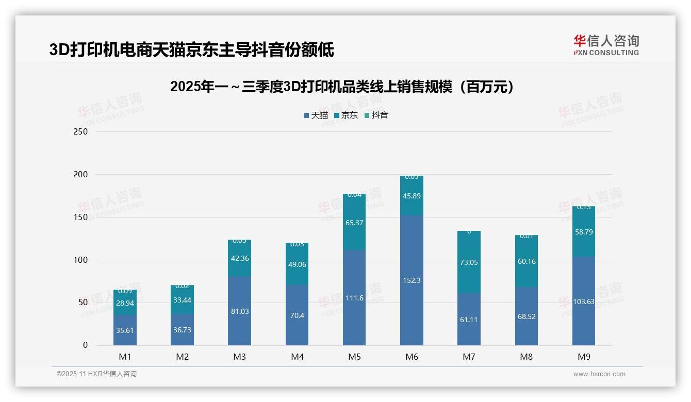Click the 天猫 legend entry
(316, 115)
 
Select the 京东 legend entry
(346, 115)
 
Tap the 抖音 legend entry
(376, 115)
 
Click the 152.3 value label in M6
(412, 280)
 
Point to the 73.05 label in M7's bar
(469, 262)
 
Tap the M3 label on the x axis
(239, 357)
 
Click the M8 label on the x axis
(526, 357)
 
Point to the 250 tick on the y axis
(81, 131)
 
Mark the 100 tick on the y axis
(81, 260)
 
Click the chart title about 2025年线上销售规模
(342, 87)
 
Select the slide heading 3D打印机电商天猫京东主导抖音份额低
(191, 50)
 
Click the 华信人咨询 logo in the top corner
(606, 45)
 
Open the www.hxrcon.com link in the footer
(599, 374)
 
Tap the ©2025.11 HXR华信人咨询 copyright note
(96, 374)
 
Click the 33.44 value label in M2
(182, 299)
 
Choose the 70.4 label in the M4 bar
(297, 315)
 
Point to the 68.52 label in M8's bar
(526, 316)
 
